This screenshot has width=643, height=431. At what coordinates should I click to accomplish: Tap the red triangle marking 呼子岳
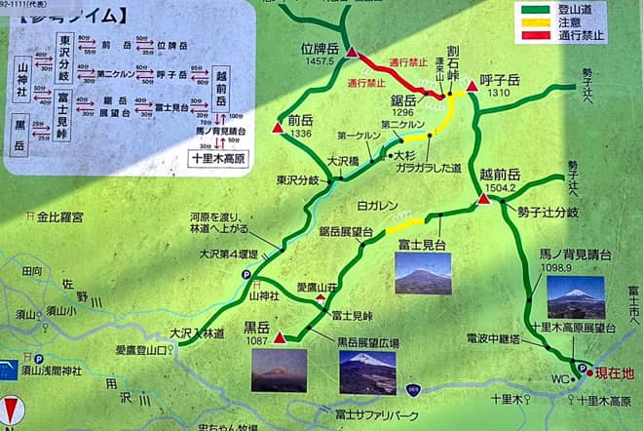pos(472,87)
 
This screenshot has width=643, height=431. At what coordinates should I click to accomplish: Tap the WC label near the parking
pos(560,376)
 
